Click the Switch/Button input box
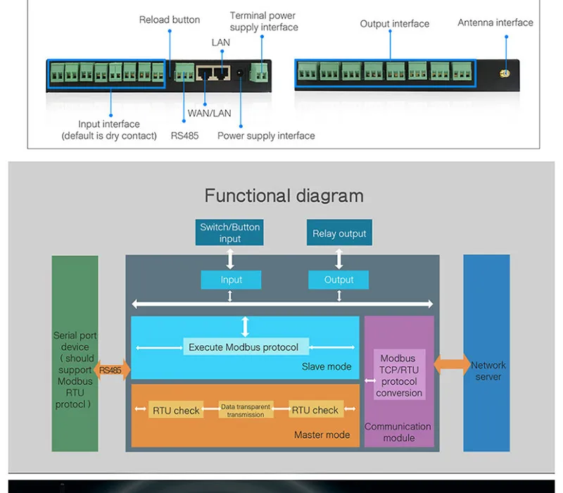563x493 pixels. pyautogui.click(x=230, y=233)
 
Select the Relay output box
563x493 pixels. pyautogui.click(x=339, y=234)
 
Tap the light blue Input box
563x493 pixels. pyautogui.click(x=231, y=280)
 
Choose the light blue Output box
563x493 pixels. pyautogui.click(x=339, y=280)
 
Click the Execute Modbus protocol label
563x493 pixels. pyautogui.click(x=243, y=347)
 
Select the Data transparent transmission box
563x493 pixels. pyautogui.click(x=246, y=411)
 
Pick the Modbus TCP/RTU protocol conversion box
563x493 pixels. pyautogui.click(x=399, y=376)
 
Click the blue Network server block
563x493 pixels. pyautogui.click(x=486, y=353)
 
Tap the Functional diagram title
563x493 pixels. pyautogui.click(x=284, y=195)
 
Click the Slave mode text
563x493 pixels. pyautogui.click(x=327, y=366)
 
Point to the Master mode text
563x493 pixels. pyautogui.click(x=322, y=435)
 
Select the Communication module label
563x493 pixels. pyautogui.click(x=398, y=432)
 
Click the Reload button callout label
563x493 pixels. pyautogui.click(x=170, y=20)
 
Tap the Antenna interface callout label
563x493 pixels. pyautogui.click(x=495, y=23)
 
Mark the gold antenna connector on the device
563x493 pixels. pyautogui.click(x=504, y=73)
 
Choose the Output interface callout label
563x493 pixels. pyautogui.click(x=394, y=24)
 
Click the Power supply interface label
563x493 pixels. pyautogui.click(x=266, y=135)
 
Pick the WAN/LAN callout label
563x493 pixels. pyautogui.click(x=209, y=113)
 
